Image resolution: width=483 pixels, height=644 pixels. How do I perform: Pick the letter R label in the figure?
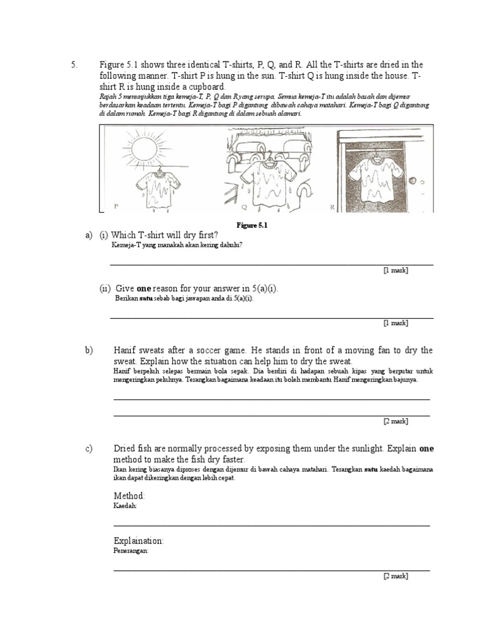tap(332, 206)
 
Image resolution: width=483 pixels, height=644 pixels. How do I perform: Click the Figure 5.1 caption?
tap(252, 225)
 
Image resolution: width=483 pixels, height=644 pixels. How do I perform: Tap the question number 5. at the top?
tap(74, 65)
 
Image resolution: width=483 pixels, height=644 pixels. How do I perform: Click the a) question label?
tap(89, 235)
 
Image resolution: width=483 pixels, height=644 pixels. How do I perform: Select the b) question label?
tap(89, 350)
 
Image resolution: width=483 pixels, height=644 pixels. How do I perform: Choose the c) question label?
tap(89, 448)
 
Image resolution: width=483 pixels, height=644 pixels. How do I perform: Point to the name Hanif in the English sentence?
tap(126, 350)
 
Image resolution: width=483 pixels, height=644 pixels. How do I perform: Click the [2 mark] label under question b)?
tap(396, 421)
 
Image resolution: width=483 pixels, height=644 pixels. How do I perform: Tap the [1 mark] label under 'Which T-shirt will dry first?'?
tap(396, 270)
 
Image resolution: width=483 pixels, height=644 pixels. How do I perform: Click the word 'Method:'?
tap(130, 496)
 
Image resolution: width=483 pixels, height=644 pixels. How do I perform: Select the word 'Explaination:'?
tap(138, 541)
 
